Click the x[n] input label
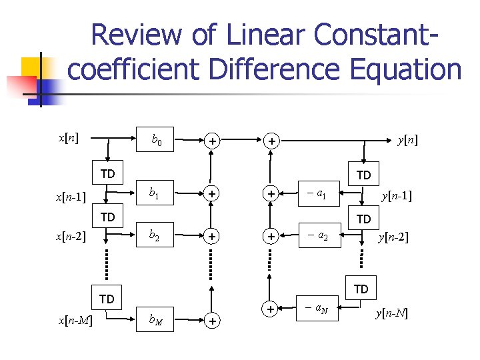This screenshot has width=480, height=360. [x=67, y=138]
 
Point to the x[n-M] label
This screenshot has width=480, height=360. [x=75, y=321]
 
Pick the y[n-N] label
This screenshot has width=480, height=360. [x=391, y=313]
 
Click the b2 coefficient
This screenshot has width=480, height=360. [x=155, y=235]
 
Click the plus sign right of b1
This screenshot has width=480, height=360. [x=211, y=194]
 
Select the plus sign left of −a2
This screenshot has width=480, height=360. [x=271, y=236]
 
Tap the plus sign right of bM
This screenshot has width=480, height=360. [x=211, y=321]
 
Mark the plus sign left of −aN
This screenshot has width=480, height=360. [x=271, y=309]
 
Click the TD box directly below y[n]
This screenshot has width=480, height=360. [x=363, y=175]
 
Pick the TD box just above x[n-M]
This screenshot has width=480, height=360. [x=107, y=299]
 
